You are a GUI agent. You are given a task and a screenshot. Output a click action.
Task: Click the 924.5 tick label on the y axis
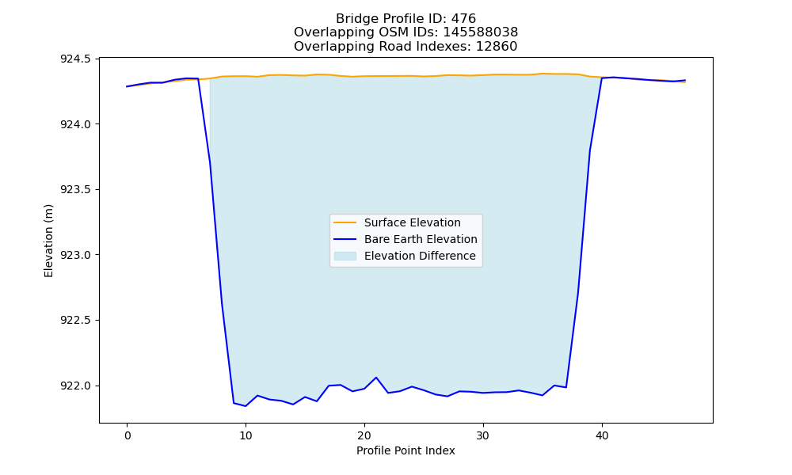pos(76,59)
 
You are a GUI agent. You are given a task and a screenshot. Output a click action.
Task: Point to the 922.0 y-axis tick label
pos(76,386)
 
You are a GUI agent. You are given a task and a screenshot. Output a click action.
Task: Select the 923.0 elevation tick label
pos(76,255)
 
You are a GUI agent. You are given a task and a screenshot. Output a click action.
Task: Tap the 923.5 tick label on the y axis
pos(76,190)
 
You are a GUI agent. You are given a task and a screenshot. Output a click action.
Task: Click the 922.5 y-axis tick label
pos(76,321)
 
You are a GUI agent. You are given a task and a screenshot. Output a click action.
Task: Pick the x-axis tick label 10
pos(246,435)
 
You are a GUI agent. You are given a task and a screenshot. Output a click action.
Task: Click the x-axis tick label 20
pos(364,435)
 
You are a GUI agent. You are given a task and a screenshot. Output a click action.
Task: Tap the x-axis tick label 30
pos(483,435)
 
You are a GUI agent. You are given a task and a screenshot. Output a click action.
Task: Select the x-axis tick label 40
pos(602,435)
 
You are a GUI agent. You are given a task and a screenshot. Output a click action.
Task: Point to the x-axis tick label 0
pos(128,435)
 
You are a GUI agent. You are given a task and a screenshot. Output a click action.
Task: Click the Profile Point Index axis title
pos(406,450)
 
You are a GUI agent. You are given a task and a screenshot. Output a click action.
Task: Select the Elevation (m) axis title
pos(48,241)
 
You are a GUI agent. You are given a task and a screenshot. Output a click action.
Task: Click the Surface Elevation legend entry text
pos(412,222)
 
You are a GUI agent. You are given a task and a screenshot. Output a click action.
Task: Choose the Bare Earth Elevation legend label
pos(421,239)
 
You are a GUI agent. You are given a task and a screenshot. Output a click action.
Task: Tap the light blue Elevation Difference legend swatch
pos(345,256)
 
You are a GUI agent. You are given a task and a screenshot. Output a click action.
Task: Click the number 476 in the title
pos(463,19)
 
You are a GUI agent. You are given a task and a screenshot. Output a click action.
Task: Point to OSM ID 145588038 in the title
pos(481,32)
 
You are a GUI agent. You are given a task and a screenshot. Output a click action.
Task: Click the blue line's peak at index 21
pos(375,377)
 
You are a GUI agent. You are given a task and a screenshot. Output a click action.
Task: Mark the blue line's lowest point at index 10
pos(246,406)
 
